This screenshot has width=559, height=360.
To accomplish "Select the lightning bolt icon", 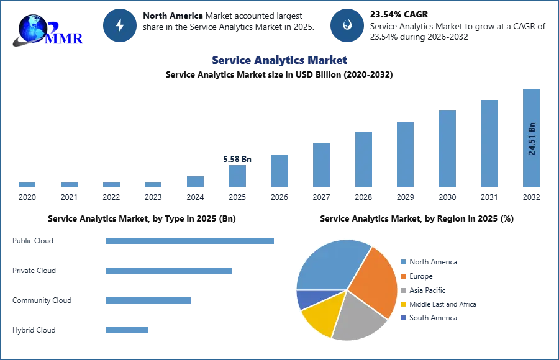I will click(x=120, y=25).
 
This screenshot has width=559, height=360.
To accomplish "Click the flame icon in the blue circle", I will click(x=347, y=25).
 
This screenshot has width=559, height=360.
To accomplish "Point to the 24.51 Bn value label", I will click(x=532, y=138).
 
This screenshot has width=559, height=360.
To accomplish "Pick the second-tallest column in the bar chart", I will click(x=489, y=143).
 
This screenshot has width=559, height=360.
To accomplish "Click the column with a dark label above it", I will click(x=238, y=176).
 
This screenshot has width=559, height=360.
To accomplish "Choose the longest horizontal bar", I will click(x=191, y=241).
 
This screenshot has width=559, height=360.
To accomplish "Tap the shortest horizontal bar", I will click(x=127, y=330).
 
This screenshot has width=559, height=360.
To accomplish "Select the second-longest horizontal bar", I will click(x=168, y=271).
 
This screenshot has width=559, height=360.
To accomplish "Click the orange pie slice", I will click(x=375, y=282).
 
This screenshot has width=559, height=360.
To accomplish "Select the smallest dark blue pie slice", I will click(x=306, y=299).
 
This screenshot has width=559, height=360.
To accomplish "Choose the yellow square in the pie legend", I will click(x=402, y=304).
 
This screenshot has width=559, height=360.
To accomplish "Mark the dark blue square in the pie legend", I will click(x=402, y=317).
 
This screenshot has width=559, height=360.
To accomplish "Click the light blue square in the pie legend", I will click(x=402, y=263).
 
